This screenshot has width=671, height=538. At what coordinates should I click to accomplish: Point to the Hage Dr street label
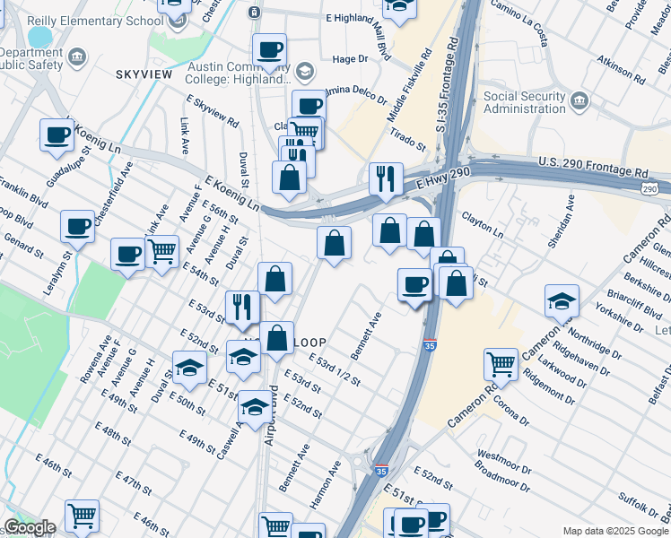point(351,58)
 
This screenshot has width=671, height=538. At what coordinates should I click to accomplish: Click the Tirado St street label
point(407,139)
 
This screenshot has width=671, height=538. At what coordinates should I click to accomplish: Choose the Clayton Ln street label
point(482,224)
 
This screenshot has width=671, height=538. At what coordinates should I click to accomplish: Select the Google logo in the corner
point(30,528)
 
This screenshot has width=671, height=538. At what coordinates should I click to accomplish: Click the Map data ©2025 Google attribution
point(614,531)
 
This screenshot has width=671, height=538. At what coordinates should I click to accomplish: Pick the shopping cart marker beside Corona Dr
point(501,363)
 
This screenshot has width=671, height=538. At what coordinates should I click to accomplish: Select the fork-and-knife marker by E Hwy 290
point(386,178)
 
